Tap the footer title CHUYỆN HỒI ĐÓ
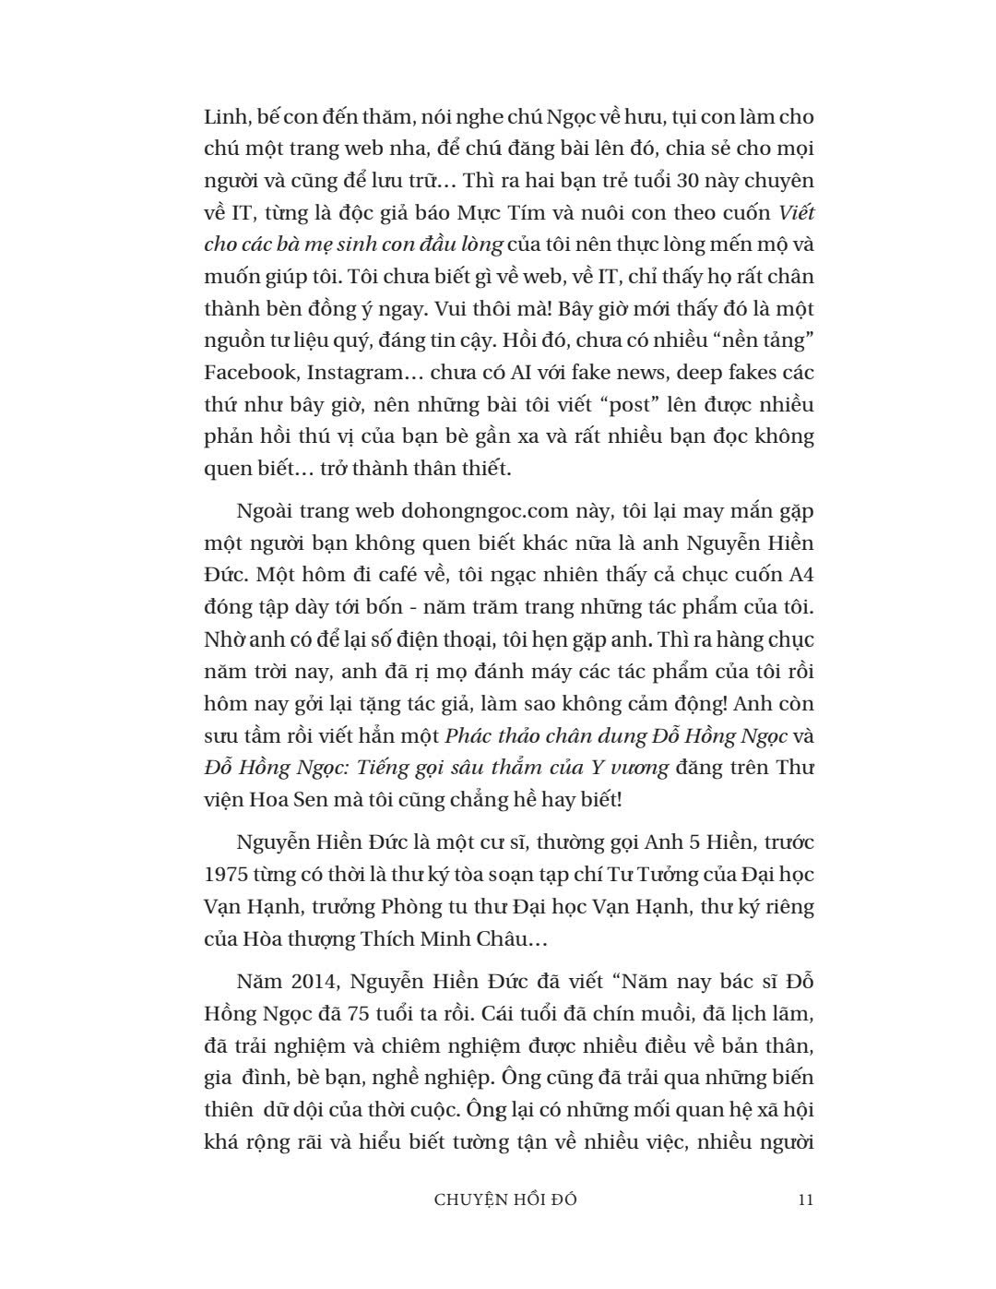click(x=505, y=1199)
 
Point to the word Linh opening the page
click(x=221, y=117)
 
